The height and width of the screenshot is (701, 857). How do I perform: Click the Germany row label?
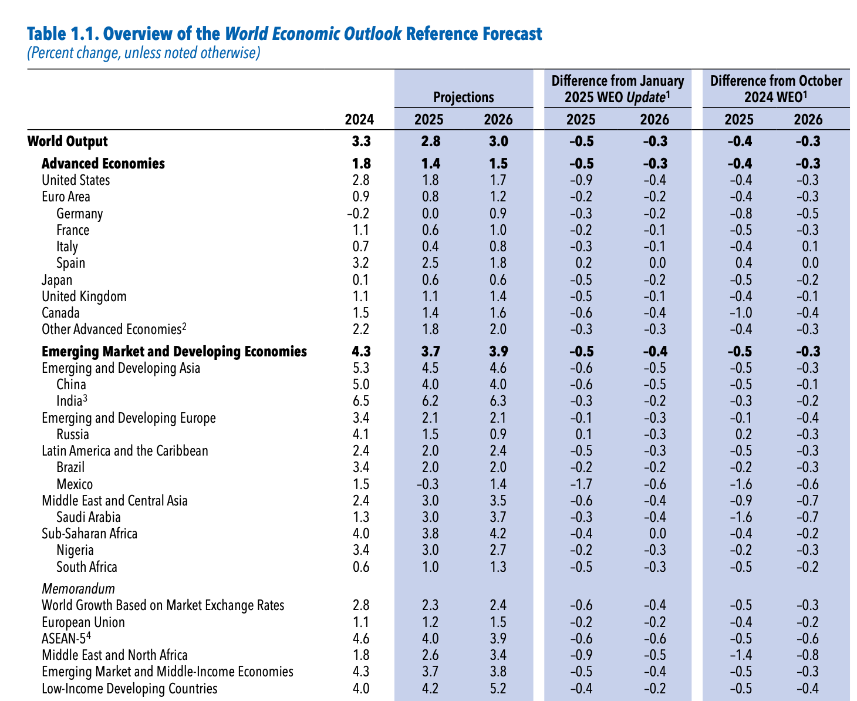[79, 214]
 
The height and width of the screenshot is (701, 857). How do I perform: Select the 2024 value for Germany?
[358, 214]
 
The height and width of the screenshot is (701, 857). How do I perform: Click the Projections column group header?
[464, 97]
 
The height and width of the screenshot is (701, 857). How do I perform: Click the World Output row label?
[68, 141]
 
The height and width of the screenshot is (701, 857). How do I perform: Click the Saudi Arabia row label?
[89, 517]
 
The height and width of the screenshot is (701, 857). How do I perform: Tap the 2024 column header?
[359, 120]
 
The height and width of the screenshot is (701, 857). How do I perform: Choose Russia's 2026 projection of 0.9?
[498, 434]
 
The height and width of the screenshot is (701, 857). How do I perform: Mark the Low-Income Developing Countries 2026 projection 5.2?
[498, 689]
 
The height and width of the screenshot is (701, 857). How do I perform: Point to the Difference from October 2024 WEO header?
[776, 89]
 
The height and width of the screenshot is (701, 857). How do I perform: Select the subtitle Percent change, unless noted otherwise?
[143, 53]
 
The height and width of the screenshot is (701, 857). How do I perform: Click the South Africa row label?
[87, 567]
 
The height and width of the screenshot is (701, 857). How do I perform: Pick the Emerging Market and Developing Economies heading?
[174, 352]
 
